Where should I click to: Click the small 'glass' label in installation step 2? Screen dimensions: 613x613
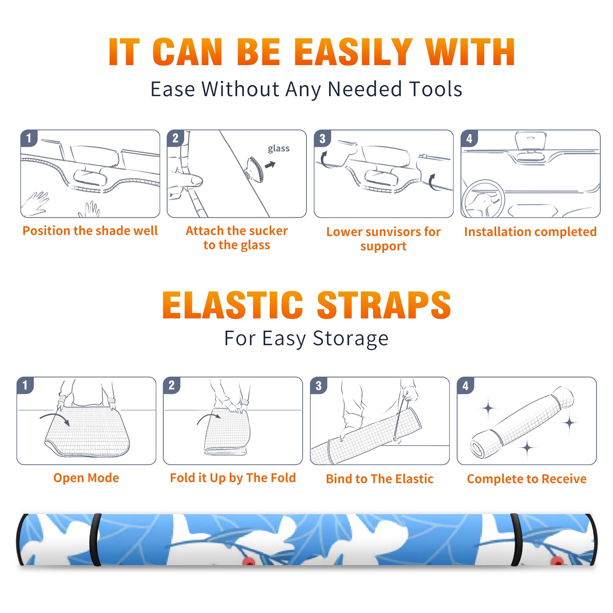(279, 149)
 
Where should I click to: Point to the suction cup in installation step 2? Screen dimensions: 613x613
(254, 169)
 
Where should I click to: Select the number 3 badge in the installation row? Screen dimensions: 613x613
(322, 138)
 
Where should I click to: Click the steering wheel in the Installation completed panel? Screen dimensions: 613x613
(483, 199)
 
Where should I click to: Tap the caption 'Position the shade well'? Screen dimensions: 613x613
(90, 231)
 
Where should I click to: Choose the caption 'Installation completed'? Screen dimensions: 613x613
(530, 232)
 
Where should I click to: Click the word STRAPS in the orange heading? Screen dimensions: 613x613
(384, 305)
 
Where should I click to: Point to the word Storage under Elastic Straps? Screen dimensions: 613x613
(351, 339)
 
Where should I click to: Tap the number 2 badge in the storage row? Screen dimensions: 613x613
(171, 385)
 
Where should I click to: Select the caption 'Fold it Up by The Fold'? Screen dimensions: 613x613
(233, 478)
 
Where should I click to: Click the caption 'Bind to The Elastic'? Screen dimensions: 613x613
(380, 479)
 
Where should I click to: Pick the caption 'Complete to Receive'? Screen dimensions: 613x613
(527, 479)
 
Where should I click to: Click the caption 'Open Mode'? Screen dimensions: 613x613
(86, 478)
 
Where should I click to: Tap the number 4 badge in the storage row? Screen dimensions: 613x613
(465, 385)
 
